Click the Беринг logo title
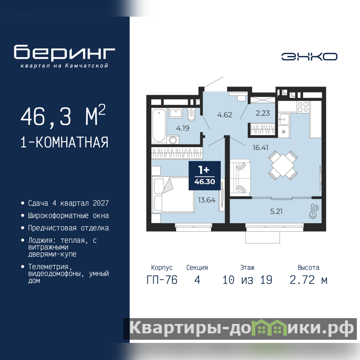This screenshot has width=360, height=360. tap(64, 52)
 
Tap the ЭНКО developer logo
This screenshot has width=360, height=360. tap(309, 57)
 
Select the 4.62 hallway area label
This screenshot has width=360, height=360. tap(225, 115)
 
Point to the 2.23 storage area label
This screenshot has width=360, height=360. tap(263, 113)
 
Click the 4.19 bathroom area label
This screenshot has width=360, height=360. tap(183, 128)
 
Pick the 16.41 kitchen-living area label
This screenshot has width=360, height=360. tap(261, 148)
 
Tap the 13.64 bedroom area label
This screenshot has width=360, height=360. tap(207, 200)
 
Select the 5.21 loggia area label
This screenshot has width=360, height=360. tap(276, 211)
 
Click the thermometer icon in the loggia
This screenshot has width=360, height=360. tap(314, 211)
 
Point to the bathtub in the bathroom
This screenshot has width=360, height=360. tap(159, 126)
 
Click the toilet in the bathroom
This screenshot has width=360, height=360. tap(191, 115)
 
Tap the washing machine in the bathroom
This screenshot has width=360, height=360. tap(173, 140)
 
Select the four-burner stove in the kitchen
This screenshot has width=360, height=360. tap(303, 107)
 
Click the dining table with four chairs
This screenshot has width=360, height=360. tap(283, 165)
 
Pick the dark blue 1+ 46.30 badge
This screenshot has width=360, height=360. tap(205, 175)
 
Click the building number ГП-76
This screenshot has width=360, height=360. tap(162, 280)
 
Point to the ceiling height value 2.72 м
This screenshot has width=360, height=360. tap(308, 280)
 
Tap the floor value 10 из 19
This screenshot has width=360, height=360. tap(247, 280)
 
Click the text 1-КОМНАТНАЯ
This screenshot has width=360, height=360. tap(64, 142)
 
